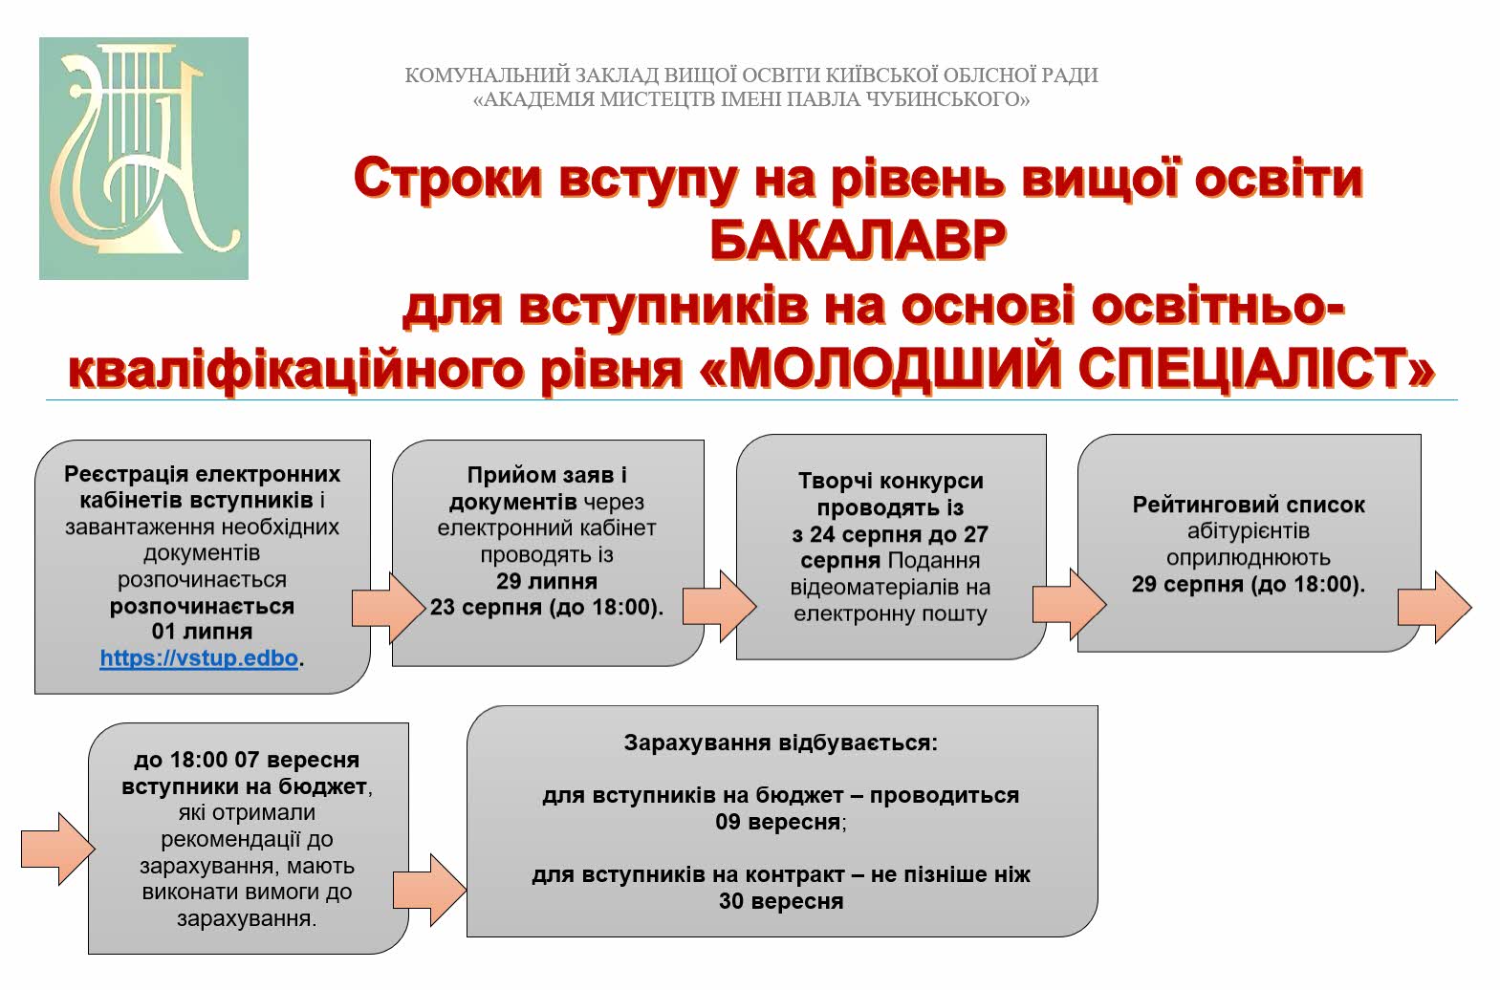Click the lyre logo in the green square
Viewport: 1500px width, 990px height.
pyautogui.click(x=143, y=158)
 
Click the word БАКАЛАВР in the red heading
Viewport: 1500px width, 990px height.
pyautogui.click(x=858, y=240)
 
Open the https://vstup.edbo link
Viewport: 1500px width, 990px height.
pyautogui.click(x=199, y=658)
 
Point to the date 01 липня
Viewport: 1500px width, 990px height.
pyautogui.click(x=203, y=632)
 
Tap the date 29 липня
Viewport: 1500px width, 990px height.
pyautogui.click(x=547, y=581)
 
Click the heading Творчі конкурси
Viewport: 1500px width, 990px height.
pyautogui.click(x=891, y=481)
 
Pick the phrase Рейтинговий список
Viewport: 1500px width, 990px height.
pyautogui.click(x=1249, y=504)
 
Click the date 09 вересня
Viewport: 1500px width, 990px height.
pyautogui.click(x=777, y=821)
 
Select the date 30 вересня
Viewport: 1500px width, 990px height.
pyautogui.click(x=781, y=901)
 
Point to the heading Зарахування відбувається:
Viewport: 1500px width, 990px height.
pyautogui.click(x=781, y=742)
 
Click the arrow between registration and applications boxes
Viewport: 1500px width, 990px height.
pyautogui.click(x=388, y=608)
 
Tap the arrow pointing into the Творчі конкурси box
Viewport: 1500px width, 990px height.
pyautogui.click(x=719, y=607)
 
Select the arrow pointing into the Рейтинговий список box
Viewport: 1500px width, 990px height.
pyautogui.click(x=1070, y=605)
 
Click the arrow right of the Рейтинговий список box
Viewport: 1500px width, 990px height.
pyautogui.click(x=1434, y=607)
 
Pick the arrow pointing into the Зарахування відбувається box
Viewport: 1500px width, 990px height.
pyautogui.click(x=429, y=890)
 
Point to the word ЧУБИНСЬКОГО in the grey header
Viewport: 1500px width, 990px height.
pyautogui.click(x=947, y=99)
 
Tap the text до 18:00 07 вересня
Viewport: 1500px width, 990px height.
pyautogui.click(x=247, y=760)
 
